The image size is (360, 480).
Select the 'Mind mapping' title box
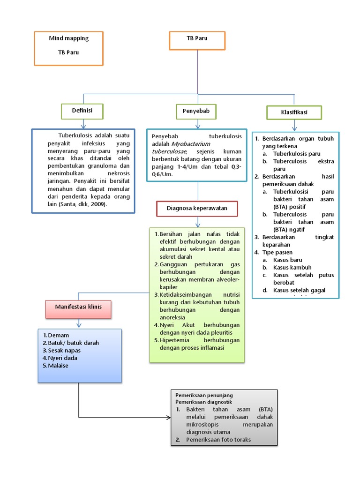[69, 48]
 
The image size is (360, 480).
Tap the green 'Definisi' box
[82, 111]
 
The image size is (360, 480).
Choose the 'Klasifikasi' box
[294, 113]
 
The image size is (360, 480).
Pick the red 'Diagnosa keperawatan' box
[197, 209]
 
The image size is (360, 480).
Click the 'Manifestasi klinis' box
[79, 307]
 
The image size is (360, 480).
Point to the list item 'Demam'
[58, 335]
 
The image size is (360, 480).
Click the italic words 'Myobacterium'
[191, 144]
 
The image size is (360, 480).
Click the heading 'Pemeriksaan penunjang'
[204, 395]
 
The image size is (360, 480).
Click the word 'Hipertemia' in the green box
[174, 340]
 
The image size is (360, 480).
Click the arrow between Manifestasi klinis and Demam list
[79, 322]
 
